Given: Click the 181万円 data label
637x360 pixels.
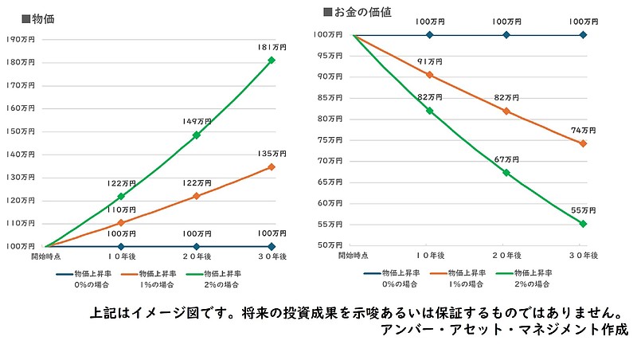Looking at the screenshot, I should (x=272, y=48).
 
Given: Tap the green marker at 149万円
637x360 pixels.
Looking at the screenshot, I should (x=197, y=135).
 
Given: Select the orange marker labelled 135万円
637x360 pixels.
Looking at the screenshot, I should (x=272, y=166).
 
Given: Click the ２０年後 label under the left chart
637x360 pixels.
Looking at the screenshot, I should (x=197, y=256).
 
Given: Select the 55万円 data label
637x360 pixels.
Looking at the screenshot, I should (x=583, y=211).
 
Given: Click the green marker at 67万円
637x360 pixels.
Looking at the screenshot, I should (x=506, y=173).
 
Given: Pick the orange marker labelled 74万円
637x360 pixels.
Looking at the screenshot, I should (x=583, y=143).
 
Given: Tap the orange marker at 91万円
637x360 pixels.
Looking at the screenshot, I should (x=430, y=75).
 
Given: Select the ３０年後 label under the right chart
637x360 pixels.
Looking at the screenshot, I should (x=583, y=255).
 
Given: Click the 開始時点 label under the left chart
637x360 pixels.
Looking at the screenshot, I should (x=45, y=256).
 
